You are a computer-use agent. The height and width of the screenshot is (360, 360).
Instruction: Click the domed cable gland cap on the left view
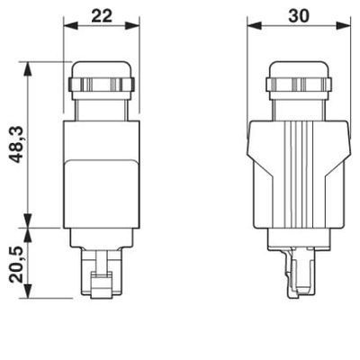[x=101, y=68]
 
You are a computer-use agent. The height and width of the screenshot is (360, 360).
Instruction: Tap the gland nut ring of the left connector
[x=101, y=86]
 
